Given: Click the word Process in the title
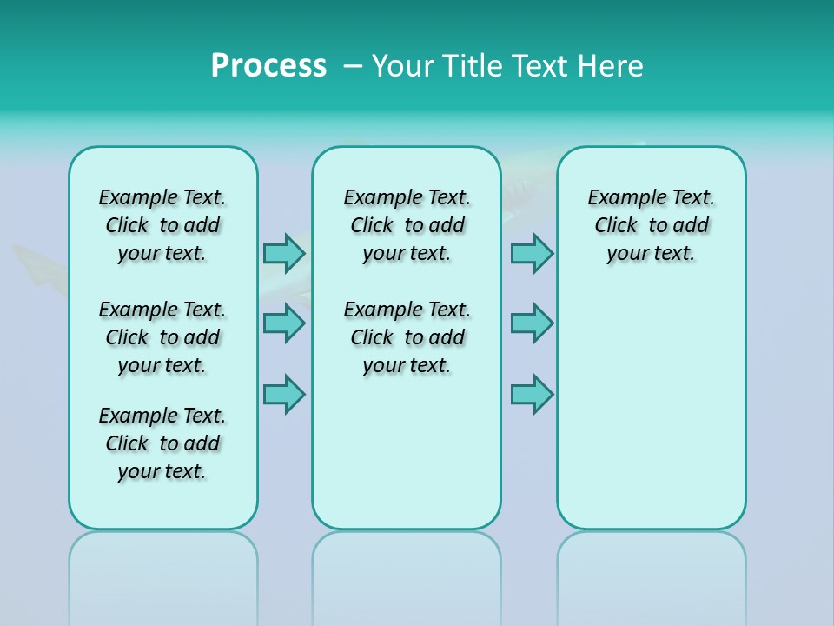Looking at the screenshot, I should (268, 66).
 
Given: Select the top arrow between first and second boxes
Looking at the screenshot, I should (284, 253).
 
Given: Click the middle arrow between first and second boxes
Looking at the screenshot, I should (284, 323).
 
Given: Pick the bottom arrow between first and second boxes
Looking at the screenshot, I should (284, 393).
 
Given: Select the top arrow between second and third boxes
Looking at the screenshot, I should (532, 253).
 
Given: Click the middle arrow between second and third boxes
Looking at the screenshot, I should (532, 323).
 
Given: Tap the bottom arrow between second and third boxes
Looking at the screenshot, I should (532, 393).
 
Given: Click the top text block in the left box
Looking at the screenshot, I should (162, 225).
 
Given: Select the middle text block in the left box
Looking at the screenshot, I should (162, 337).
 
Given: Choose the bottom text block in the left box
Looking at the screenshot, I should (162, 443).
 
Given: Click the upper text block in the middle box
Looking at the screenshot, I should (407, 225).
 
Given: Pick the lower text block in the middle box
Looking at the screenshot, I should (407, 337).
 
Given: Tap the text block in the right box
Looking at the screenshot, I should (651, 225).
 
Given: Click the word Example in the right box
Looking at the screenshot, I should (621, 198).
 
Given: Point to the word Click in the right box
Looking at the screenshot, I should (616, 226).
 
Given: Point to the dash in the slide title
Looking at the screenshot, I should (353, 66).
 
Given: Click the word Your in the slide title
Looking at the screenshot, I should (403, 66).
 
